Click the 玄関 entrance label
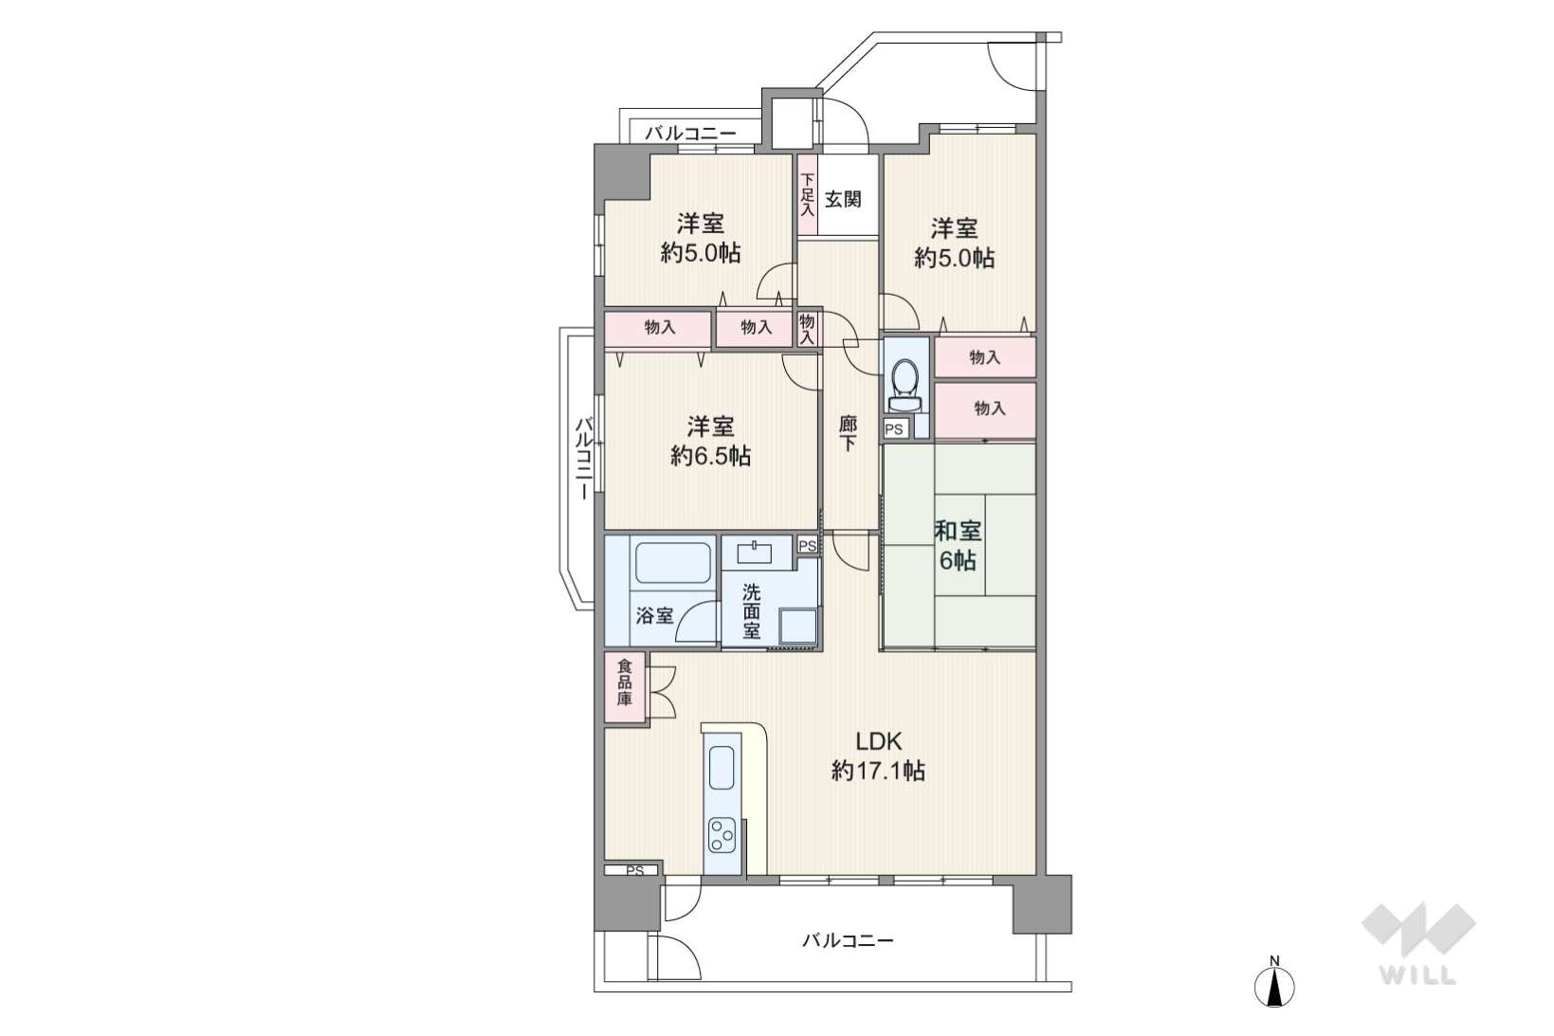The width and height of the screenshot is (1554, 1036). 843,200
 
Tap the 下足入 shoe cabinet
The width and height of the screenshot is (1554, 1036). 807,195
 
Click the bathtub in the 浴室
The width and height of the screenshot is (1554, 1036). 673,562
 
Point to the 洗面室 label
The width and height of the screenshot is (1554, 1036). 751,611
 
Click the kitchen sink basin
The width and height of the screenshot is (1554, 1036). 722,768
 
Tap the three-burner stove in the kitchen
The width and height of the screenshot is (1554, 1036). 722,836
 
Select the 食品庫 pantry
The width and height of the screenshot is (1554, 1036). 625,687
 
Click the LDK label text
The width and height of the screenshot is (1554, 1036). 878,741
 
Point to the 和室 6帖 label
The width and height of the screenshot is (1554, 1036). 958,545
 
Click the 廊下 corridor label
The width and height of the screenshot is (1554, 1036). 848,433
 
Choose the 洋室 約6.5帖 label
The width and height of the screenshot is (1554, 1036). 710,441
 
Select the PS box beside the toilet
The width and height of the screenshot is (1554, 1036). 895,429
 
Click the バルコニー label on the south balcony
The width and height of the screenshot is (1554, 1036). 848,940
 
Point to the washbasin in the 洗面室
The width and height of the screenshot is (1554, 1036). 755,554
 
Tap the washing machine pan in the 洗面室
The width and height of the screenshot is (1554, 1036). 797,627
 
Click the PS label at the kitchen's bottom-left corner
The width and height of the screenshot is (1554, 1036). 635,871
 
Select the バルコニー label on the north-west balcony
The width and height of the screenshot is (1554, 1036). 690,133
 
